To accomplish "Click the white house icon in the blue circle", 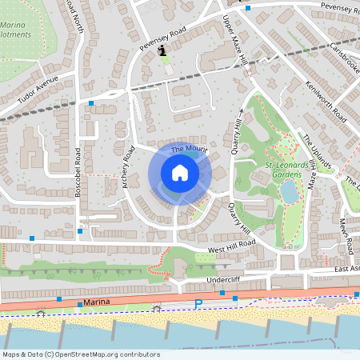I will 180,173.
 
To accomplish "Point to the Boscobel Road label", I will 78,173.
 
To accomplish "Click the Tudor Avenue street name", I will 38,92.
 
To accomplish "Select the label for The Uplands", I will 316,152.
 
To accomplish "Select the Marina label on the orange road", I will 95,303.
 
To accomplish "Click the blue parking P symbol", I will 198,303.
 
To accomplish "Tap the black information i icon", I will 164,51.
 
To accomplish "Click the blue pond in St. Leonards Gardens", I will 289,191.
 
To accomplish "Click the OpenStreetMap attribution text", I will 80,354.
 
